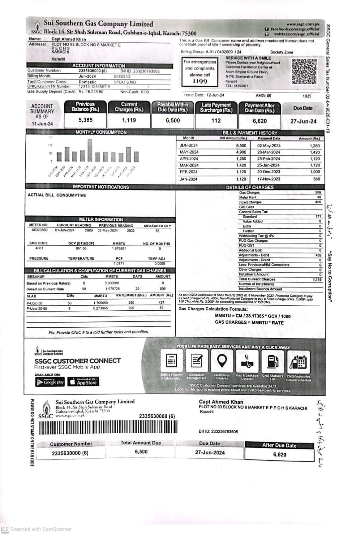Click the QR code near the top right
click(x=304, y=71)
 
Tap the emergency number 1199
click(x=200, y=81)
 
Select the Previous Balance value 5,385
click(x=86, y=120)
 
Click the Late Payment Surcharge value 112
click(x=216, y=120)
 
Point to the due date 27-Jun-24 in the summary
click(x=303, y=121)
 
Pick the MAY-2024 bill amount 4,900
click(x=241, y=152)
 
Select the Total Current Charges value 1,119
click(x=317, y=280)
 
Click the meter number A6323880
click(x=39, y=230)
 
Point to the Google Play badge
click(x=50, y=382)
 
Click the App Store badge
click(x=83, y=382)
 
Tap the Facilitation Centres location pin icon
click(x=222, y=361)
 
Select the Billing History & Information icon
click(x=172, y=361)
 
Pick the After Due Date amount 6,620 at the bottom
click(x=279, y=454)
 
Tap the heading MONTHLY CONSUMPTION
click(x=101, y=132)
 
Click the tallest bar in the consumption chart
click(x=90, y=150)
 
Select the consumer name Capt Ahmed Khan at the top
click(x=69, y=39)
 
